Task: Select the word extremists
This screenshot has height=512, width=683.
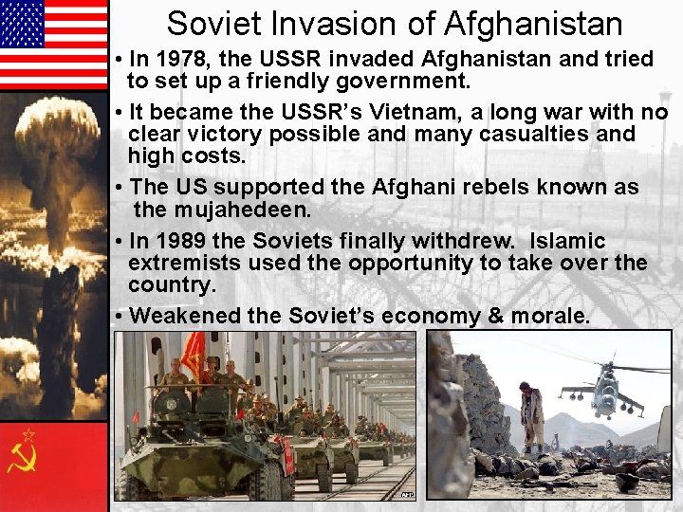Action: [x=182, y=263]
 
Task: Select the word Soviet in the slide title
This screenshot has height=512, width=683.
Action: [x=213, y=24]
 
